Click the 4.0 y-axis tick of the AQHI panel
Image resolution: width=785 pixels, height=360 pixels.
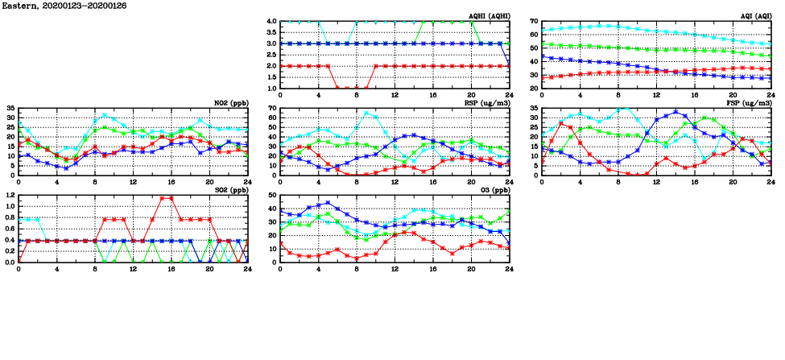[271, 21]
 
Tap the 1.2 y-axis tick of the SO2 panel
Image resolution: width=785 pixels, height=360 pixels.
[10, 195]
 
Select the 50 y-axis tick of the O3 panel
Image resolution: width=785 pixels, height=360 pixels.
[273, 195]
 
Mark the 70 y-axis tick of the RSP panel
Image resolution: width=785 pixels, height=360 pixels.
[273, 108]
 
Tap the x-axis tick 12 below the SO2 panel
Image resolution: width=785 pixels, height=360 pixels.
[133, 268]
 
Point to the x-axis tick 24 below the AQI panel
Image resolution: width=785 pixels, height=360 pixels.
[771, 94]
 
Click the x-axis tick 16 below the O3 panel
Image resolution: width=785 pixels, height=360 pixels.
[432, 268]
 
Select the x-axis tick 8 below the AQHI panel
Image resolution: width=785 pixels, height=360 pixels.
[357, 94]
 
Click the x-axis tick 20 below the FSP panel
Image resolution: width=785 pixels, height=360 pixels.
[732, 181]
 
